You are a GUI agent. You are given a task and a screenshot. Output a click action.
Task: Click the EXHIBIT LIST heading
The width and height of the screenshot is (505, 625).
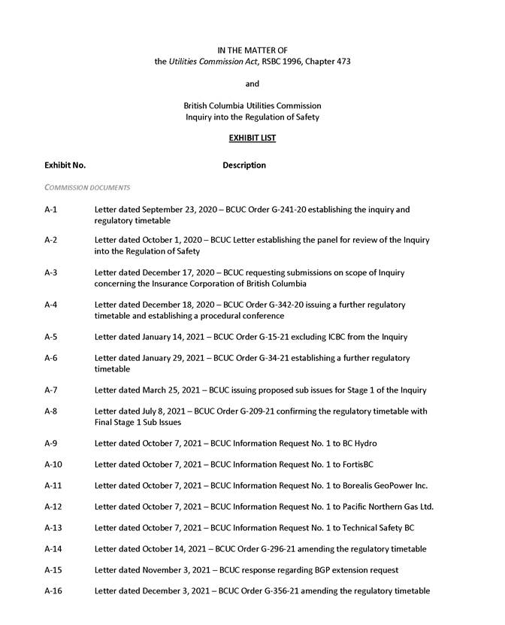252,139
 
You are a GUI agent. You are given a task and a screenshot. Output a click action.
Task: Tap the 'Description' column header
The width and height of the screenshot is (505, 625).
243,165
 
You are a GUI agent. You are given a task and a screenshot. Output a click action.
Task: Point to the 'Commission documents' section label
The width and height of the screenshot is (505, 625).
87,187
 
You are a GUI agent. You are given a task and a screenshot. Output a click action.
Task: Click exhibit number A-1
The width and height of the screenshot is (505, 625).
51,209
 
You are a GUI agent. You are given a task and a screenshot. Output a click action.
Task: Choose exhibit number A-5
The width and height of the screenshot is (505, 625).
51,336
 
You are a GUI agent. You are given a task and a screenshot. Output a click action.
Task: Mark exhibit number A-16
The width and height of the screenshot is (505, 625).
53,591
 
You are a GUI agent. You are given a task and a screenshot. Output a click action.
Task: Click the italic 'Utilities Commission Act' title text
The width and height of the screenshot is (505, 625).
211,62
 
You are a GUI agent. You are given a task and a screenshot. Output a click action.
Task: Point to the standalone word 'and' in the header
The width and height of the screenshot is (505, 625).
252,83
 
